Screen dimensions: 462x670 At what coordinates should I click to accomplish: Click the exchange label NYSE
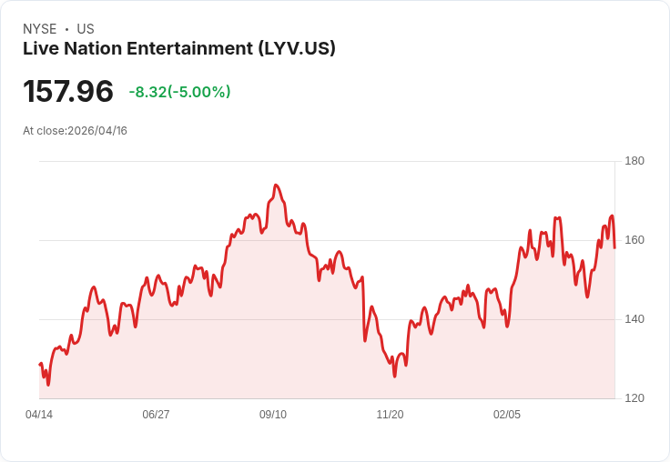click(40, 29)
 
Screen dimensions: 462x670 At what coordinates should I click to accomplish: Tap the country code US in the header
click(86, 29)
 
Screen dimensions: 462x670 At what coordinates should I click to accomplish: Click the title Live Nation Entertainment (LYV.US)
click(179, 48)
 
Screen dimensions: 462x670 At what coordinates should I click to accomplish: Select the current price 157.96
click(68, 91)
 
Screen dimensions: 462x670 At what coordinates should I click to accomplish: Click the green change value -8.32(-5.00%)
click(179, 92)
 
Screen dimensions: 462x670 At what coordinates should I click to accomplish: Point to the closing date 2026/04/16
click(97, 131)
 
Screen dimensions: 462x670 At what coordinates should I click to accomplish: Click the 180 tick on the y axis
click(634, 161)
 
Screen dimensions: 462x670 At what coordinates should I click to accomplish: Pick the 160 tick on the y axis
click(634, 240)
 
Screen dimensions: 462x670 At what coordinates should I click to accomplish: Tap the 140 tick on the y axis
click(634, 319)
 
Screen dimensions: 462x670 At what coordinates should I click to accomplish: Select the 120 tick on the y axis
click(634, 398)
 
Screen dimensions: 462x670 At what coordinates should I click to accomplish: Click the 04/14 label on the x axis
click(39, 415)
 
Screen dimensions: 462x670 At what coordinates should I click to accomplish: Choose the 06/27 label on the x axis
click(156, 415)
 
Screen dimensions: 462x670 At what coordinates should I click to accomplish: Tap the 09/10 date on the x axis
click(273, 415)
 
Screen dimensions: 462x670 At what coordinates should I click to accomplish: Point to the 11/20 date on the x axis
click(390, 415)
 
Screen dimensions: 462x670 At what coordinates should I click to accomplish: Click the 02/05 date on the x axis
click(507, 415)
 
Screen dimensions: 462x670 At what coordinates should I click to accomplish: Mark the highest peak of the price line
click(276, 185)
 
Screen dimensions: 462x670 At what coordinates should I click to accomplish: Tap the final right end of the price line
click(615, 247)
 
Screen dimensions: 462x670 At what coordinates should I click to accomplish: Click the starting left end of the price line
click(40, 364)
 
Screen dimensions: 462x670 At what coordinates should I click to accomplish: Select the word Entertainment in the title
click(186, 48)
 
